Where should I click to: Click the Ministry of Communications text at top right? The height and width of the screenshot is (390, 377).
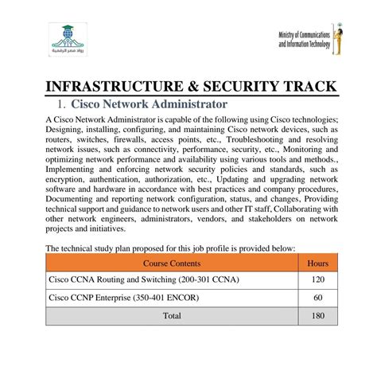pos(305,41)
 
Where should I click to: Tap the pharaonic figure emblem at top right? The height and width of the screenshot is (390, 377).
pos(338,39)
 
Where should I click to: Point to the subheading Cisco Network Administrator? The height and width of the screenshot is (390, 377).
pos(150,104)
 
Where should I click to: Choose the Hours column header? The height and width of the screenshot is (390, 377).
pos(317,262)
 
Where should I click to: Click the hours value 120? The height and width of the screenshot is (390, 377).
pos(317,280)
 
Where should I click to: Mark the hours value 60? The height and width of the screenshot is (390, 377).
pos(317,298)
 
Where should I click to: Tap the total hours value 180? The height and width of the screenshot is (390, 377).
pos(317,316)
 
